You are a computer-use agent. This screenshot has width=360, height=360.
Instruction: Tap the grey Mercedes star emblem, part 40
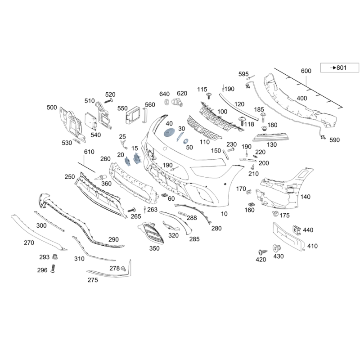(x=169, y=133)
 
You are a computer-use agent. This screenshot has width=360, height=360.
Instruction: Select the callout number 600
(x=306, y=71)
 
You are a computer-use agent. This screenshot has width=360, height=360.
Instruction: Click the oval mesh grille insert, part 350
(x=152, y=233)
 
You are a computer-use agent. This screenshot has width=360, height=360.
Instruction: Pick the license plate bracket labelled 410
(x=289, y=237)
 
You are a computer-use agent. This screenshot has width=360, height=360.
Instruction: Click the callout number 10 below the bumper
(x=224, y=214)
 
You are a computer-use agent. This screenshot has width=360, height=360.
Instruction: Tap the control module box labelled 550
(x=133, y=115)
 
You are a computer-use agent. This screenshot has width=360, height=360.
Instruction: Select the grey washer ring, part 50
(x=185, y=141)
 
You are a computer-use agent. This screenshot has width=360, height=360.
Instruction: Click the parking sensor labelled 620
(x=177, y=102)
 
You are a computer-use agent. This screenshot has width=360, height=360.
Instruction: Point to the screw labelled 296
(x=53, y=268)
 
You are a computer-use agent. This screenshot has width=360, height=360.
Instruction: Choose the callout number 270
(x=29, y=243)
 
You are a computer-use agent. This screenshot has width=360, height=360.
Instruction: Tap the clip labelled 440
(x=297, y=230)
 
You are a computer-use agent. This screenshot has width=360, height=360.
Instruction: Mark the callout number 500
(x=52, y=107)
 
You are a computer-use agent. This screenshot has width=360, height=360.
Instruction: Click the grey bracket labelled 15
(x=137, y=158)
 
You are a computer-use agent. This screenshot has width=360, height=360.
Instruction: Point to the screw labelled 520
(x=108, y=101)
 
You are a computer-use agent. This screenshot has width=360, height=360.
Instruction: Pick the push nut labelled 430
(x=277, y=249)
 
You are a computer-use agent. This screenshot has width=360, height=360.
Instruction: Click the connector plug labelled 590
(x=323, y=137)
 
